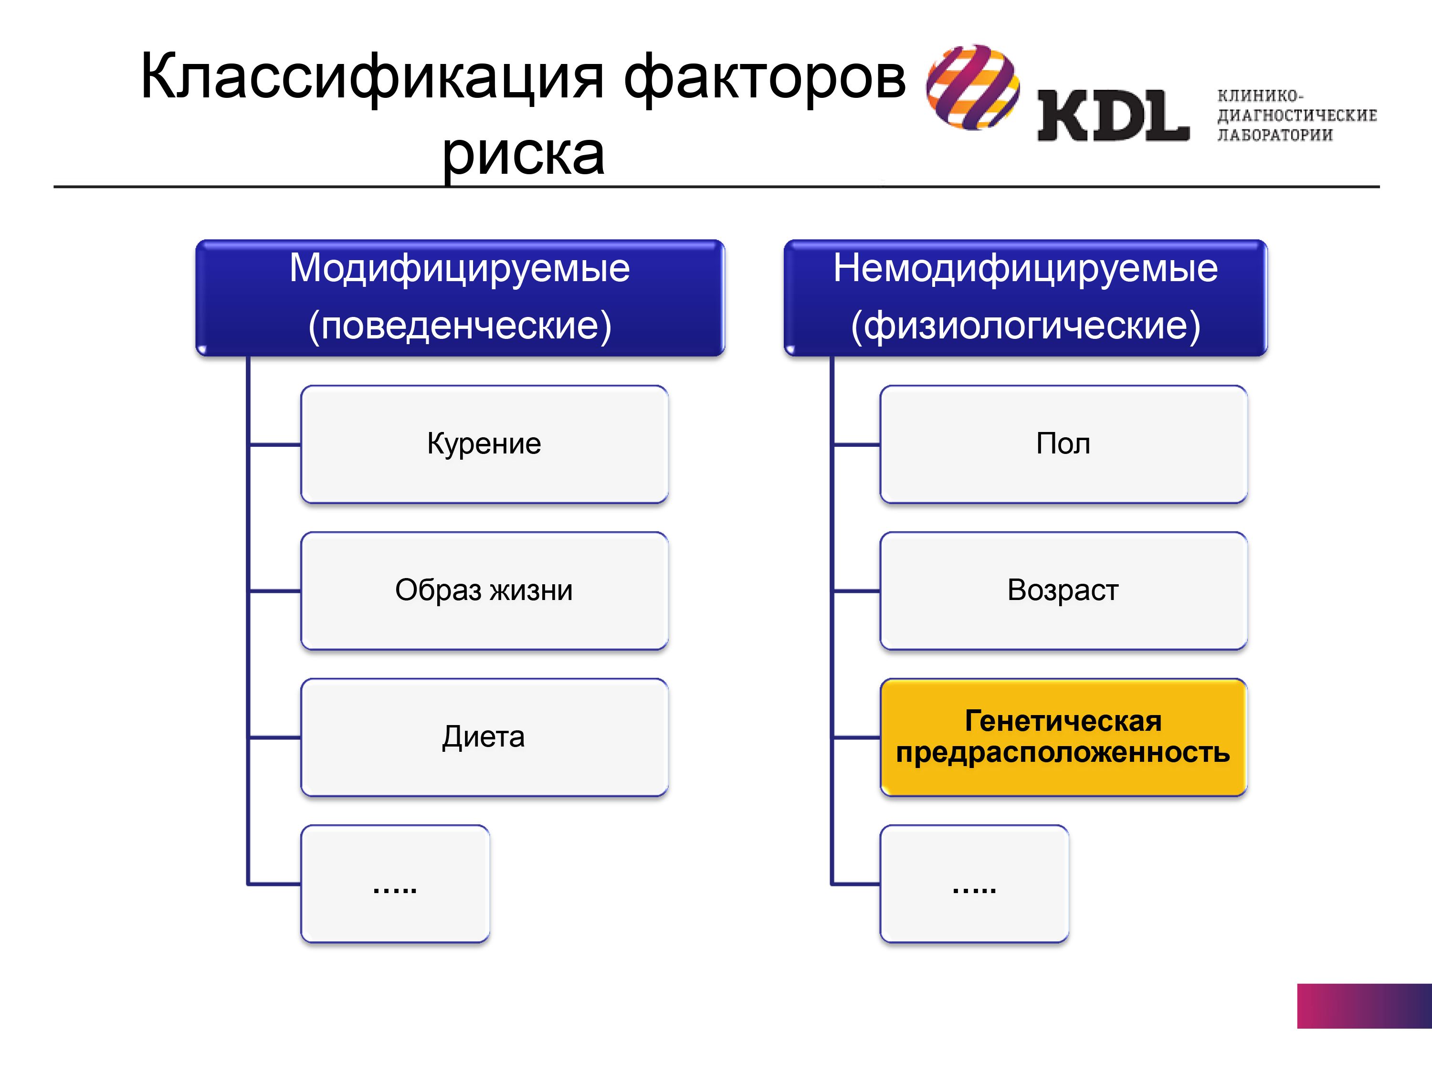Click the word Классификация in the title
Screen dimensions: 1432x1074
(372, 77)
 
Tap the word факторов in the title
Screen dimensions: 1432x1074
(765, 77)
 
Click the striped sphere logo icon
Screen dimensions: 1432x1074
(973, 87)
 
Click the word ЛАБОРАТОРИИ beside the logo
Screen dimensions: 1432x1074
(1274, 135)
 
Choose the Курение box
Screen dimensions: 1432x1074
(484, 444)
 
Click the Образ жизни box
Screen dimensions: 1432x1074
(484, 590)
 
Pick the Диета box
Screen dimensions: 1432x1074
(484, 737)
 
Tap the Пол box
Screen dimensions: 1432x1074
(1063, 444)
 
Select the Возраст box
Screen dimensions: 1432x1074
(1063, 590)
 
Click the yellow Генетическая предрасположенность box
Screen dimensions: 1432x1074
(1063, 737)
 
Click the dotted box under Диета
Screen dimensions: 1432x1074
(395, 883)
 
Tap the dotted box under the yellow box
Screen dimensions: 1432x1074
(974, 883)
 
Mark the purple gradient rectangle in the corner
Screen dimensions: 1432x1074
(1364, 1006)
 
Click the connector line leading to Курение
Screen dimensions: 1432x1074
(274, 445)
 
